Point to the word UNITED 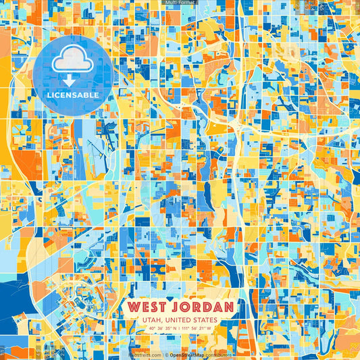178,320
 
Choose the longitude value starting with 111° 193,329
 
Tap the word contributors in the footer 222,354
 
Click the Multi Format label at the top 180,3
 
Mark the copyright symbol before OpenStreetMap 166,354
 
